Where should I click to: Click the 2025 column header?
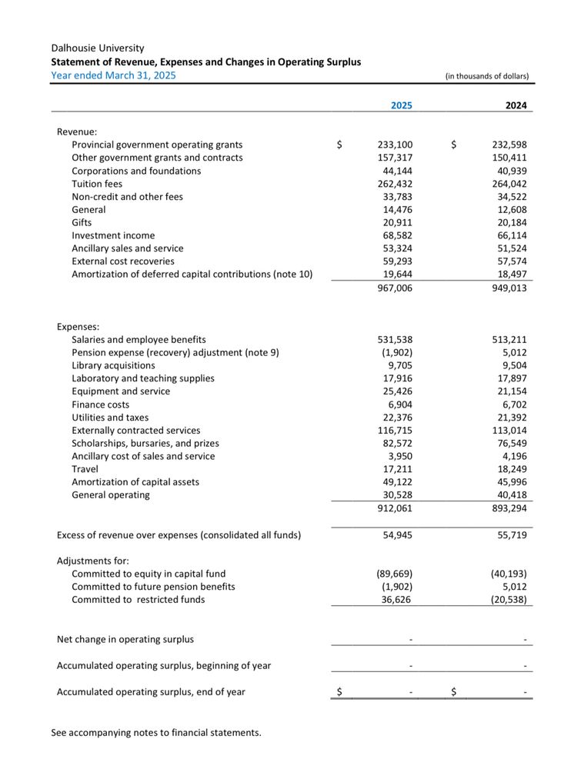(401, 105)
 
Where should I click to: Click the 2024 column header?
(516, 105)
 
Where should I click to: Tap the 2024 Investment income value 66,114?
(509, 235)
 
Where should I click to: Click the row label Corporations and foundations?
(136, 171)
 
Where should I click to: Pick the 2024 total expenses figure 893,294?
(509, 508)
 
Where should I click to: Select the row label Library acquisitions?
(113, 365)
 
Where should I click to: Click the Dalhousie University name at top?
(98, 48)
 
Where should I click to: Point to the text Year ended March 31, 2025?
(113, 75)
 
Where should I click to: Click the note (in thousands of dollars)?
(486, 76)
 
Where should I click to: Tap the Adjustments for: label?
(93, 561)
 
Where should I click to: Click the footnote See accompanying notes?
(156, 733)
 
